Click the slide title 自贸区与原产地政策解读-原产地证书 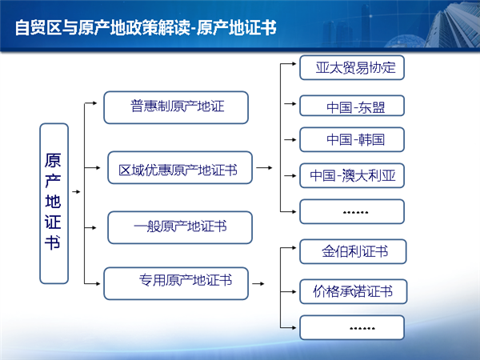pyautogui.click(x=146, y=28)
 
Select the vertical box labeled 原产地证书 pyautogui.click(x=54, y=203)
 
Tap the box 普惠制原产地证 pyautogui.click(x=176, y=107)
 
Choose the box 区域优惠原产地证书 pyautogui.click(x=180, y=167)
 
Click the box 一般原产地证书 pyautogui.click(x=180, y=227)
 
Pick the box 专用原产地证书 pyautogui.click(x=176, y=283)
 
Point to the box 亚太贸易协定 pyautogui.click(x=352, y=67)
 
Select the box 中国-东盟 pyautogui.click(x=352, y=106)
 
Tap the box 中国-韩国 pyautogui.click(x=352, y=139)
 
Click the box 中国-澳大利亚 pyautogui.click(x=352, y=176)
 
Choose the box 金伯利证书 pyautogui.click(x=353, y=252)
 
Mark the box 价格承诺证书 pyautogui.click(x=354, y=291)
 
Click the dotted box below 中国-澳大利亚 pyautogui.click(x=352, y=211)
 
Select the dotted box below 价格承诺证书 pyautogui.click(x=352, y=327)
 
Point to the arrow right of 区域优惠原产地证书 pyautogui.click(x=264, y=168)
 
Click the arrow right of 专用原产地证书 pyautogui.click(x=258, y=284)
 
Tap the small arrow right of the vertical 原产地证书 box pyautogui.click(x=76, y=192)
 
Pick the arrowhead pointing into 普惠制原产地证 pyautogui.click(x=95, y=103)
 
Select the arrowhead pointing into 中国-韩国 pyautogui.click(x=294, y=140)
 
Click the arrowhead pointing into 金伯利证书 pyautogui.click(x=294, y=248)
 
